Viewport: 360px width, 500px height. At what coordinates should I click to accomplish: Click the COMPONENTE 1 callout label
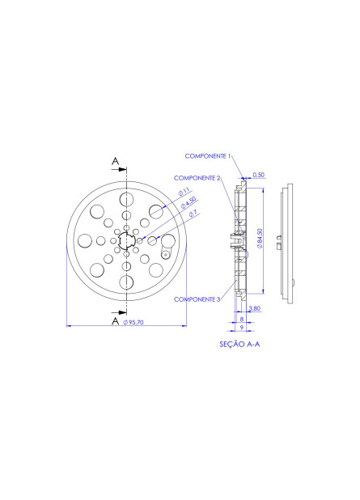(x=208, y=155)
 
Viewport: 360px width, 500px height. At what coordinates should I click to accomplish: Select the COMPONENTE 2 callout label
(x=197, y=177)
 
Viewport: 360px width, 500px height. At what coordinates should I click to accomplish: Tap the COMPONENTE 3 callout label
(x=197, y=299)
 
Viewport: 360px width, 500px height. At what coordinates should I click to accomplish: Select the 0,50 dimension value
(x=258, y=174)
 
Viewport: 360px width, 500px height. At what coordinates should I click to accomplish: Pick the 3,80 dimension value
(x=254, y=308)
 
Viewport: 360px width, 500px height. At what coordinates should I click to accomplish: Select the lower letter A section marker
(x=116, y=321)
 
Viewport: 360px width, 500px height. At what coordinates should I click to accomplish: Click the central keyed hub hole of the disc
(x=126, y=240)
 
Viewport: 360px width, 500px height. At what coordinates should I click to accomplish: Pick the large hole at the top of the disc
(x=126, y=199)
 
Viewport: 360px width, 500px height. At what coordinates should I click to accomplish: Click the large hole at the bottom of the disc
(x=126, y=282)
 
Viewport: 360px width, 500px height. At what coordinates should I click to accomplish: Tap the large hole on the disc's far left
(x=84, y=240)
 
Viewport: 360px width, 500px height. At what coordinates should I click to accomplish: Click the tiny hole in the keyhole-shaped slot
(x=166, y=253)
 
